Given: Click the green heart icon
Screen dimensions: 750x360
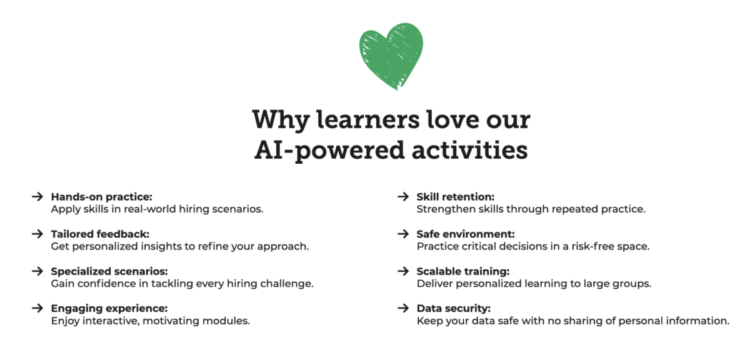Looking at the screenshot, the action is pos(391,56).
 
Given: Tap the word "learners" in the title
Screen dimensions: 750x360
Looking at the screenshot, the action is pos(368,120).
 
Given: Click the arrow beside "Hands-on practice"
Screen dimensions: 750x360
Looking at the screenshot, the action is pos(38,197).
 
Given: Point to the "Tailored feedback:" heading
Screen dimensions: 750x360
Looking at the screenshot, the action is pos(100,234).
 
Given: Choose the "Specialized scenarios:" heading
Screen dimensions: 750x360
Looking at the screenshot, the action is pos(109,271).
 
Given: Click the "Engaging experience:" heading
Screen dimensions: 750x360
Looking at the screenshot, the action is pos(109,308).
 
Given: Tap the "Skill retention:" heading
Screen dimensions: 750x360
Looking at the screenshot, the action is pos(456,197).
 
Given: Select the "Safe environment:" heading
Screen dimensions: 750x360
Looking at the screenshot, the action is pos(466,234).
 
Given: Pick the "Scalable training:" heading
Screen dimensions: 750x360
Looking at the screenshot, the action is pos(463,271).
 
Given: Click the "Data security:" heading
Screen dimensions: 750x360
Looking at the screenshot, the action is pos(453,308).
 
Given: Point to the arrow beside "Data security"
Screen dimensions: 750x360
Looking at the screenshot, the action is pos(404,308).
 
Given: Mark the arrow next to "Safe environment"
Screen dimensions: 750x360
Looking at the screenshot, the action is pos(404,234).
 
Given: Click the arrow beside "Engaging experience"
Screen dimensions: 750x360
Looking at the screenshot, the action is pos(38,308).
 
